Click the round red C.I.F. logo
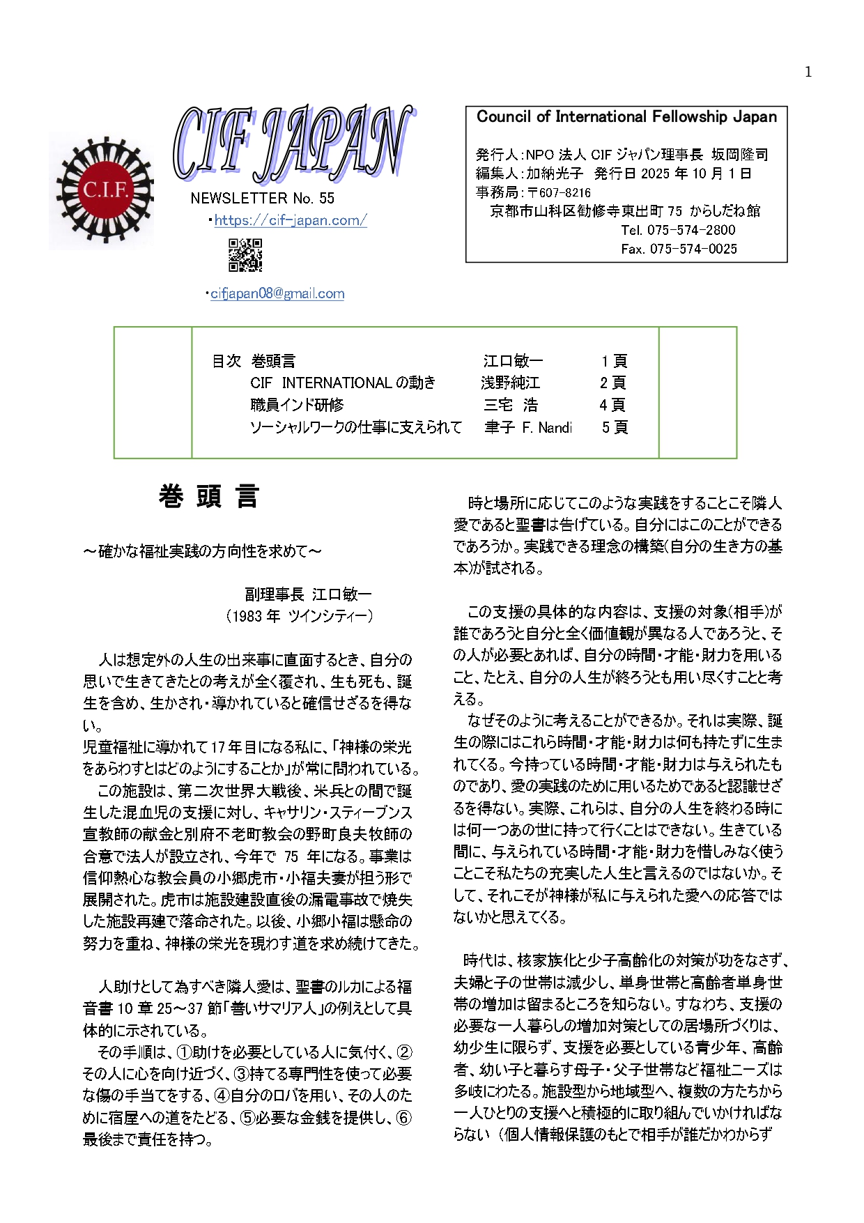point(105,190)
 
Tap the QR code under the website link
point(245,255)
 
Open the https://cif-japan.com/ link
point(290,220)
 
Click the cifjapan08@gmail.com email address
point(277,294)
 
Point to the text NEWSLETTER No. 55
point(262,199)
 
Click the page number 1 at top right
point(808,72)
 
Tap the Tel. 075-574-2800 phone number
point(678,230)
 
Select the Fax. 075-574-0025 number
point(679,249)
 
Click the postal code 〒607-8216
point(559,193)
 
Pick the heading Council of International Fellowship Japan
point(626,117)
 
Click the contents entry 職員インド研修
point(297,405)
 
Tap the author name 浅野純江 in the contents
point(510,383)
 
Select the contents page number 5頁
point(615,427)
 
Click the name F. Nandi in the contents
point(547,427)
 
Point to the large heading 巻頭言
point(209,497)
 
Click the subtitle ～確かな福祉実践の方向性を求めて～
point(203,551)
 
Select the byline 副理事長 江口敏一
point(308,594)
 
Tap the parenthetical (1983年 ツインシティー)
point(300,616)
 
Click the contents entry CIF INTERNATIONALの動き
point(343,383)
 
